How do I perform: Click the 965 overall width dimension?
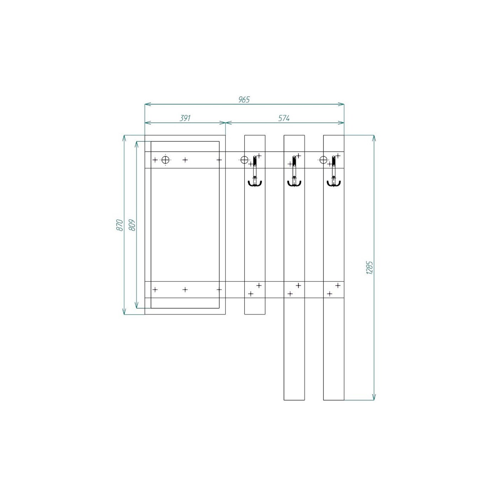(244, 100)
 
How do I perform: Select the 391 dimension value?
(185, 118)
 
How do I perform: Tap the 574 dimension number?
(284, 118)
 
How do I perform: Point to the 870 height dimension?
(119, 225)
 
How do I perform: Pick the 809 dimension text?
(132, 225)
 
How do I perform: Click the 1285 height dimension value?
(370, 267)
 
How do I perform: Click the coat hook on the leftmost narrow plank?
(255, 171)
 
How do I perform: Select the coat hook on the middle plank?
(294, 171)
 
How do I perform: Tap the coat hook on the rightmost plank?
(334, 171)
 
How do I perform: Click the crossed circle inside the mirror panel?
(165, 160)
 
